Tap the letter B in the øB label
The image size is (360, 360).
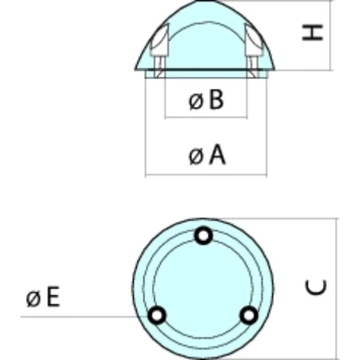pos(217,101)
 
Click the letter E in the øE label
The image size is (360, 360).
pos(53,298)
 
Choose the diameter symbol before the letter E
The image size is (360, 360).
pos(33,298)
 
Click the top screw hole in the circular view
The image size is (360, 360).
pos(204,236)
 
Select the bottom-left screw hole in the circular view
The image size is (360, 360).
pos(158,315)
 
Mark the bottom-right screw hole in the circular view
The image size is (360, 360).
pos(248,315)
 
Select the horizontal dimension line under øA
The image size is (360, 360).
pos(206,175)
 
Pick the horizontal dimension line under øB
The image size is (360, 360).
pos(206,116)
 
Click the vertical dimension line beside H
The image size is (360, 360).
pos(331,35)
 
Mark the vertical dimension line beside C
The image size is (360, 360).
pos(337,288)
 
